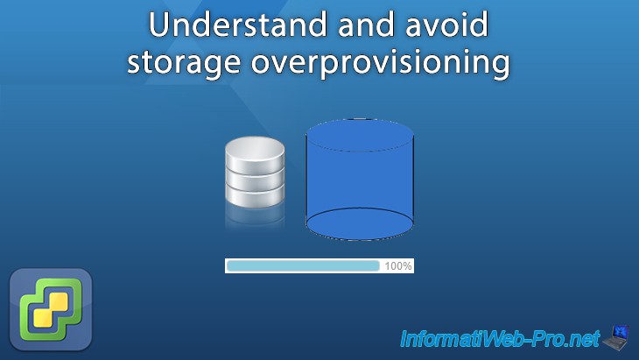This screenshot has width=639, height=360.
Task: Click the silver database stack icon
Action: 255,174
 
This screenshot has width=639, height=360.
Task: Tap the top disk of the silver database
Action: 255,152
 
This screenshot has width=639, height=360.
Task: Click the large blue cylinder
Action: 359,180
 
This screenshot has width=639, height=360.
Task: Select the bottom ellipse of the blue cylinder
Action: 359,224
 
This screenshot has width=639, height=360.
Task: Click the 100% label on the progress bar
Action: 398,265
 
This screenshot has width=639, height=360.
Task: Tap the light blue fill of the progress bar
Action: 302,265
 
